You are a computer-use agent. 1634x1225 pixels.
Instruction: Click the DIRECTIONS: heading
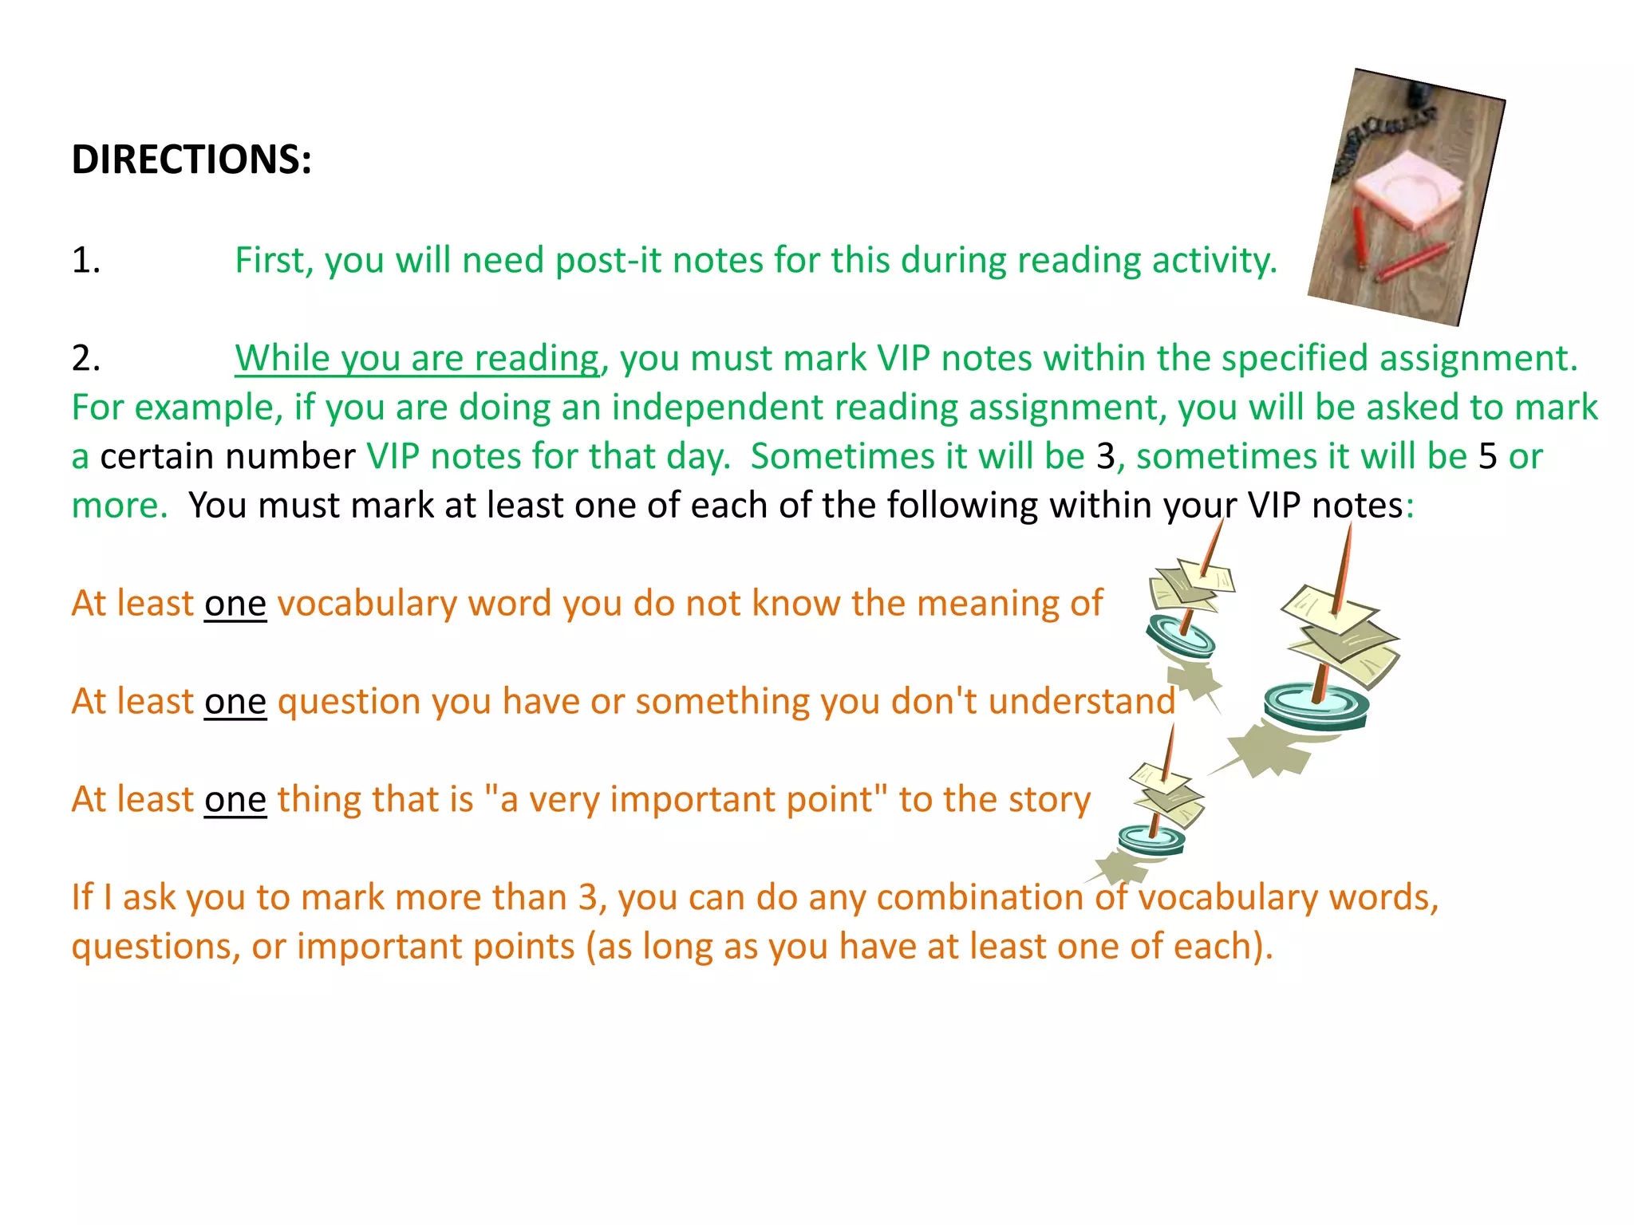[x=191, y=160]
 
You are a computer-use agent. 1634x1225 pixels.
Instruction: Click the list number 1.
[x=85, y=261]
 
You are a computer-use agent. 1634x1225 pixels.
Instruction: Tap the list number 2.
[x=85, y=359]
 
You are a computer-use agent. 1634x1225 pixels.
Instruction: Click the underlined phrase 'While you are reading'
[x=416, y=359]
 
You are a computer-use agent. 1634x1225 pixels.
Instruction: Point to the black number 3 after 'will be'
[x=1105, y=457]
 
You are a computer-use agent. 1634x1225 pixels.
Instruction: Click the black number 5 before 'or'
[x=1487, y=457]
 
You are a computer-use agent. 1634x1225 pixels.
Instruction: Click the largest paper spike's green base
[x=1316, y=706]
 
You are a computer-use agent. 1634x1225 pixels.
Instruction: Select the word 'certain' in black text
[x=156, y=457]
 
